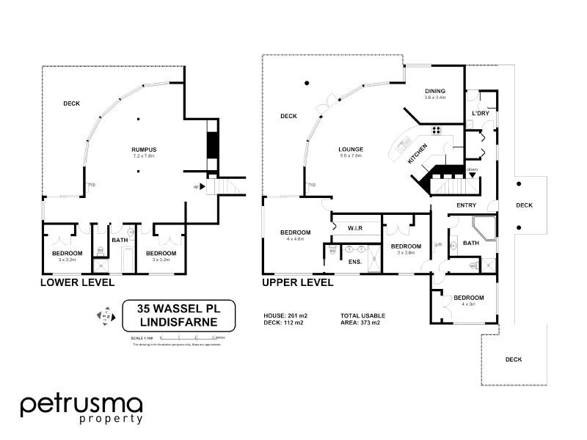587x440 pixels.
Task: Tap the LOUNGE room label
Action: pyautogui.click(x=351, y=149)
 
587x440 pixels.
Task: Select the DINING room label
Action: pyautogui.click(x=434, y=92)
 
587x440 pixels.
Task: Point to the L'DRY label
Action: pyautogui.click(x=480, y=114)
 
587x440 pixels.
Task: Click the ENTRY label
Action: pyautogui.click(x=467, y=205)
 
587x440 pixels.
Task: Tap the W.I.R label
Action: pyautogui.click(x=356, y=229)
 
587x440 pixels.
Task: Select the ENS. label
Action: pyautogui.click(x=354, y=261)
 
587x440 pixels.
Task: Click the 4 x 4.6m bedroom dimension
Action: pyautogui.click(x=296, y=239)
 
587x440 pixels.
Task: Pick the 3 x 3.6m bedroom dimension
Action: pyautogui.click(x=405, y=253)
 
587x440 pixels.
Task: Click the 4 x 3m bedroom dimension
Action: pyautogui.click(x=467, y=304)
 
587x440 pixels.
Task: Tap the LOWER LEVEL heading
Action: pyautogui.click(x=77, y=282)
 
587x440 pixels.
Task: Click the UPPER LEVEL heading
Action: pyautogui.click(x=297, y=282)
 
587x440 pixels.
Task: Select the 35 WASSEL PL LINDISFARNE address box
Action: pyautogui.click(x=178, y=316)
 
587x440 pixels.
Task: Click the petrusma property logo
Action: pyautogui.click(x=81, y=408)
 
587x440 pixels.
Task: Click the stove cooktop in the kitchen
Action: pyautogui.click(x=436, y=131)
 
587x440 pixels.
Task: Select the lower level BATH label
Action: pyautogui.click(x=119, y=240)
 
